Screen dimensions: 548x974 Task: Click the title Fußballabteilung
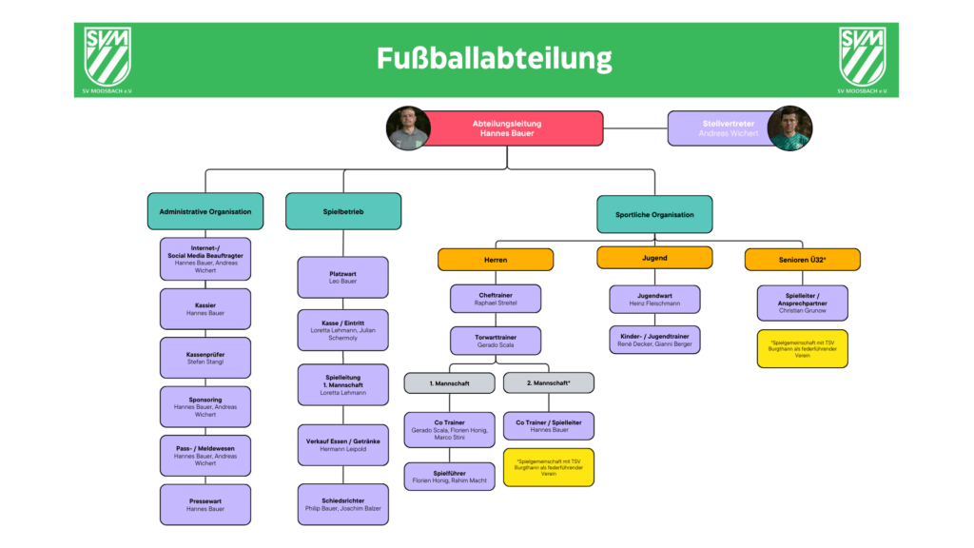pyautogui.click(x=494, y=59)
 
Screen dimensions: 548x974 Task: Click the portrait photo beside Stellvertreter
pyautogui.click(x=789, y=128)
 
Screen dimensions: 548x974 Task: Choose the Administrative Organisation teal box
pyautogui.click(x=205, y=211)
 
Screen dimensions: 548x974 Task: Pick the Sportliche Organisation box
pyautogui.click(x=654, y=214)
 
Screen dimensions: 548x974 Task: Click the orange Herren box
pyautogui.click(x=496, y=259)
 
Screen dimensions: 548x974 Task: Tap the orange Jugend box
pyautogui.click(x=654, y=258)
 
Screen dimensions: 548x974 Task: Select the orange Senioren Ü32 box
pyautogui.click(x=803, y=259)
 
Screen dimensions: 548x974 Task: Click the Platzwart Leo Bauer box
pyautogui.click(x=343, y=277)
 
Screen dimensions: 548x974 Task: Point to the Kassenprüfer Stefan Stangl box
pyautogui.click(x=205, y=358)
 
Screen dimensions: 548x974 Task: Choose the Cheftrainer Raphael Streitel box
pyautogui.click(x=496, y=298)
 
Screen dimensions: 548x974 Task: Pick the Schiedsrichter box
pyautogui.click(x=343, y=504)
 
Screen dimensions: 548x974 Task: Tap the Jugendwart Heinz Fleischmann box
pyautogui.click(x=654, y=299)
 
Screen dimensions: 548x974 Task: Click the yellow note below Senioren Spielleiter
pyautogui.click(x=803, y=348)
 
